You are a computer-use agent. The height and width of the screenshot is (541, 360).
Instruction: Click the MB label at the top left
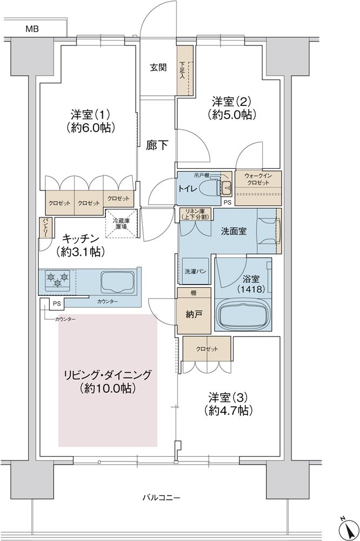coord(32,29)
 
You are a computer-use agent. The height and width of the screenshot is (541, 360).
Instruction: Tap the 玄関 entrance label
coord(158,67)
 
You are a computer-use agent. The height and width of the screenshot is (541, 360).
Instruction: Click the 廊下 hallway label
coord(157,146)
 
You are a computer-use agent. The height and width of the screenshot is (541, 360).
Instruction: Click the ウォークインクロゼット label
coord(258,179)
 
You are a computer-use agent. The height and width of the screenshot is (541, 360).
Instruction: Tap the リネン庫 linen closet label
coord(195,214)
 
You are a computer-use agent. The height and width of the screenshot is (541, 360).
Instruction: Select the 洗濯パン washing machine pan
coord(195,271)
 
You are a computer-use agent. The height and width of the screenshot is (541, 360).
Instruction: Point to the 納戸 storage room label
coord(194,314)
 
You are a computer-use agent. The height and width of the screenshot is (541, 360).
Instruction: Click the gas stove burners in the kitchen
coord(57,279)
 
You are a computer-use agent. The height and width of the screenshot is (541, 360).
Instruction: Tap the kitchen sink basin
coord(118,282)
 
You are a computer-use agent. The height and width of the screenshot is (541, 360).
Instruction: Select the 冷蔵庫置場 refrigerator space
coord(122,223)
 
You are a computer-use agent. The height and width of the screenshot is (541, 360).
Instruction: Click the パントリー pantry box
coord(45,227)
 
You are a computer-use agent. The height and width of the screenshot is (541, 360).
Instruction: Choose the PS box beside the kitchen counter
coord(57,304)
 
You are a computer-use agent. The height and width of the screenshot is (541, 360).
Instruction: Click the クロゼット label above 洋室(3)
coord(207,349)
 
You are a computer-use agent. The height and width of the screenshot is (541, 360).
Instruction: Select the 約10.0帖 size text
coord(108,388)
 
